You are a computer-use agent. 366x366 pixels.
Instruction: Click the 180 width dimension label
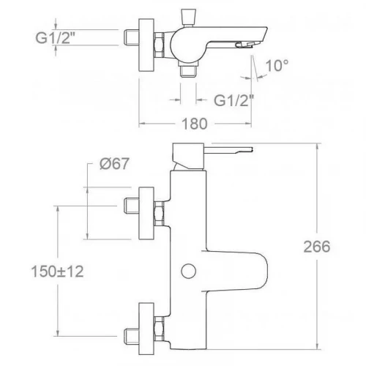[x=195, y=124]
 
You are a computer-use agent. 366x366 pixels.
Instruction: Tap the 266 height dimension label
[x=317, y=247]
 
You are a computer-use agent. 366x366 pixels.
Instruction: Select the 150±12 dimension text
[x=58, y=272]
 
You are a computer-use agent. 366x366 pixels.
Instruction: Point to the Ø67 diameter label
[x=114, y=163]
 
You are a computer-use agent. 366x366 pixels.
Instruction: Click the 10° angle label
[x=277, y=65]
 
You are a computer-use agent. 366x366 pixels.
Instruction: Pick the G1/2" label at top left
[x=55, y=37]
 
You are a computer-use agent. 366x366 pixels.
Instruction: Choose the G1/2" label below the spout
[x=234, y=100]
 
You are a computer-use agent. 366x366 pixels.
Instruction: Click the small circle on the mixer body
[x=189, y=271]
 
